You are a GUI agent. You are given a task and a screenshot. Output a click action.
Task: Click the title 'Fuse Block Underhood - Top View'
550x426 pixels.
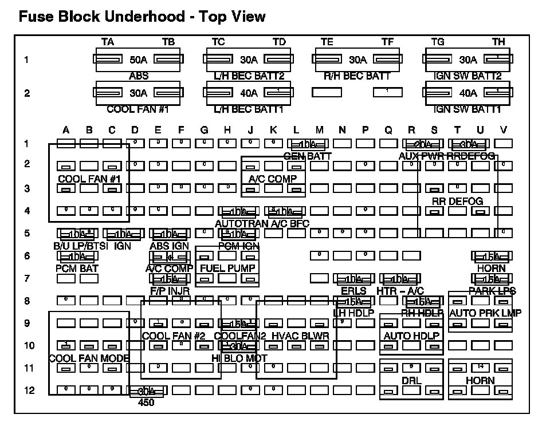(142, 17)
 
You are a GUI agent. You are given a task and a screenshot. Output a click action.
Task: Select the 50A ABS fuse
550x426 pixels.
(138, 60)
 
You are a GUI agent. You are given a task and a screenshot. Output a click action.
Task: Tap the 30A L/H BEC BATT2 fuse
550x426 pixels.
(249, 60)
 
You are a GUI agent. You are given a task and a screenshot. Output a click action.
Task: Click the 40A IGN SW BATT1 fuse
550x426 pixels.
(468, 93)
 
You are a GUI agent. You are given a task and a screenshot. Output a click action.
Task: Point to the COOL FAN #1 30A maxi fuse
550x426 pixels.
(138, 93)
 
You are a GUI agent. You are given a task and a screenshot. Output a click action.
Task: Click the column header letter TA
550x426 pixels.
(107, 42)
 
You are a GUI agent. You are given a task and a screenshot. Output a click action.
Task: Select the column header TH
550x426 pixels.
(498, 42)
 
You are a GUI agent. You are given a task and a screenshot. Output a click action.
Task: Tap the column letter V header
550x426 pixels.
(503, 131)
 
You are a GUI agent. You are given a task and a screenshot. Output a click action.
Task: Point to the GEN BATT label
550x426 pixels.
(308, 155)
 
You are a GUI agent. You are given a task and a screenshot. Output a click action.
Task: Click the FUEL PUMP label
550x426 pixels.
(227, 268)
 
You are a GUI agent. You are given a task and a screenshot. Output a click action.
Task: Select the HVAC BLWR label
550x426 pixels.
(300, 336)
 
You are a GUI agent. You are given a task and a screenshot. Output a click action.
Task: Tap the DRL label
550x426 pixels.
(411, 381)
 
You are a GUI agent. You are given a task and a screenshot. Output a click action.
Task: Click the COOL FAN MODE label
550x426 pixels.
(89, 358)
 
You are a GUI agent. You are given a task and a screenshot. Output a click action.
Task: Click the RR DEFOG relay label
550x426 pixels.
(457, 201)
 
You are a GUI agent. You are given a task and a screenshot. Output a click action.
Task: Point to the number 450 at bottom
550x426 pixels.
(147, 402)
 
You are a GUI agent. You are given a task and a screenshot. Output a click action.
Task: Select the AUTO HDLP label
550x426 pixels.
(411, 336)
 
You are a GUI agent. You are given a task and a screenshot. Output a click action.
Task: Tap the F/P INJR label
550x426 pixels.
(170, 290)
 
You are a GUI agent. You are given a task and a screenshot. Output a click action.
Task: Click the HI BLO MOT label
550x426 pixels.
(239, 358)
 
